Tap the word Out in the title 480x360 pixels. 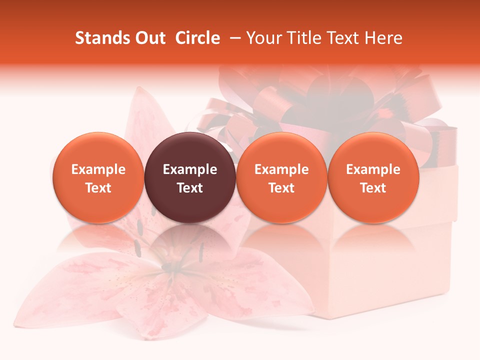click(148, 38)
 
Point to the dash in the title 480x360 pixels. click(233, 38)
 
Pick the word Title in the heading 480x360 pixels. click(299, 38)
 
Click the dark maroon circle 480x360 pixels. click(190, 177)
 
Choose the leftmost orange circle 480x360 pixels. click(98, 177)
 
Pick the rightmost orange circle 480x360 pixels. click(373, 177)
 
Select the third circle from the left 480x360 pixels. click(281, 177)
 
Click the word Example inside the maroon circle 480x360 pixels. click(190, 169)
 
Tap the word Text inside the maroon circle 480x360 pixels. click(190, 188)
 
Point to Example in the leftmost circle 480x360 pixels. click(98, 169)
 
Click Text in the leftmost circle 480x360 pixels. click(98, 188)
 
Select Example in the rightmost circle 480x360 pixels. click(373, 169)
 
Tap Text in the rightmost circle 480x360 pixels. click(373, 188)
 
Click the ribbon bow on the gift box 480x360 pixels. click(320, 100)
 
